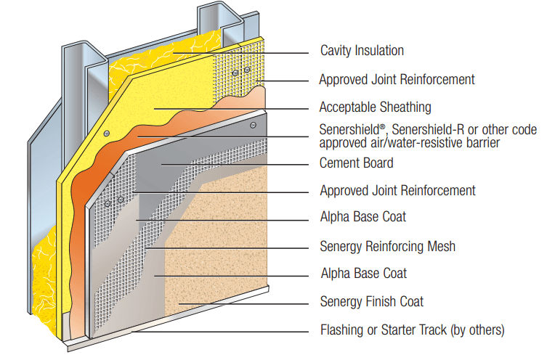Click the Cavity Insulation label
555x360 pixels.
[362, 51]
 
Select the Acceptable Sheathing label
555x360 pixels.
[375, 107]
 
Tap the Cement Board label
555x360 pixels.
[356, 163]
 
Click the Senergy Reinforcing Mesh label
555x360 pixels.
[387, 247]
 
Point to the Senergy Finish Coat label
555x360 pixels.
[371, 301]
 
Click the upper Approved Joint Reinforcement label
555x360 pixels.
[397, 79]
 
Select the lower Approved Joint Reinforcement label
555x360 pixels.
[397, 191]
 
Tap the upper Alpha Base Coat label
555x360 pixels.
[362, 217]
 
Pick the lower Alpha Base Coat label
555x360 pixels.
[363, 274]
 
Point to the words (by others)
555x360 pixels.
[477, 330]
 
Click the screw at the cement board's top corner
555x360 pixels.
[252, 126]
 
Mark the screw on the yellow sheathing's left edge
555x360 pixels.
[106, 134]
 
